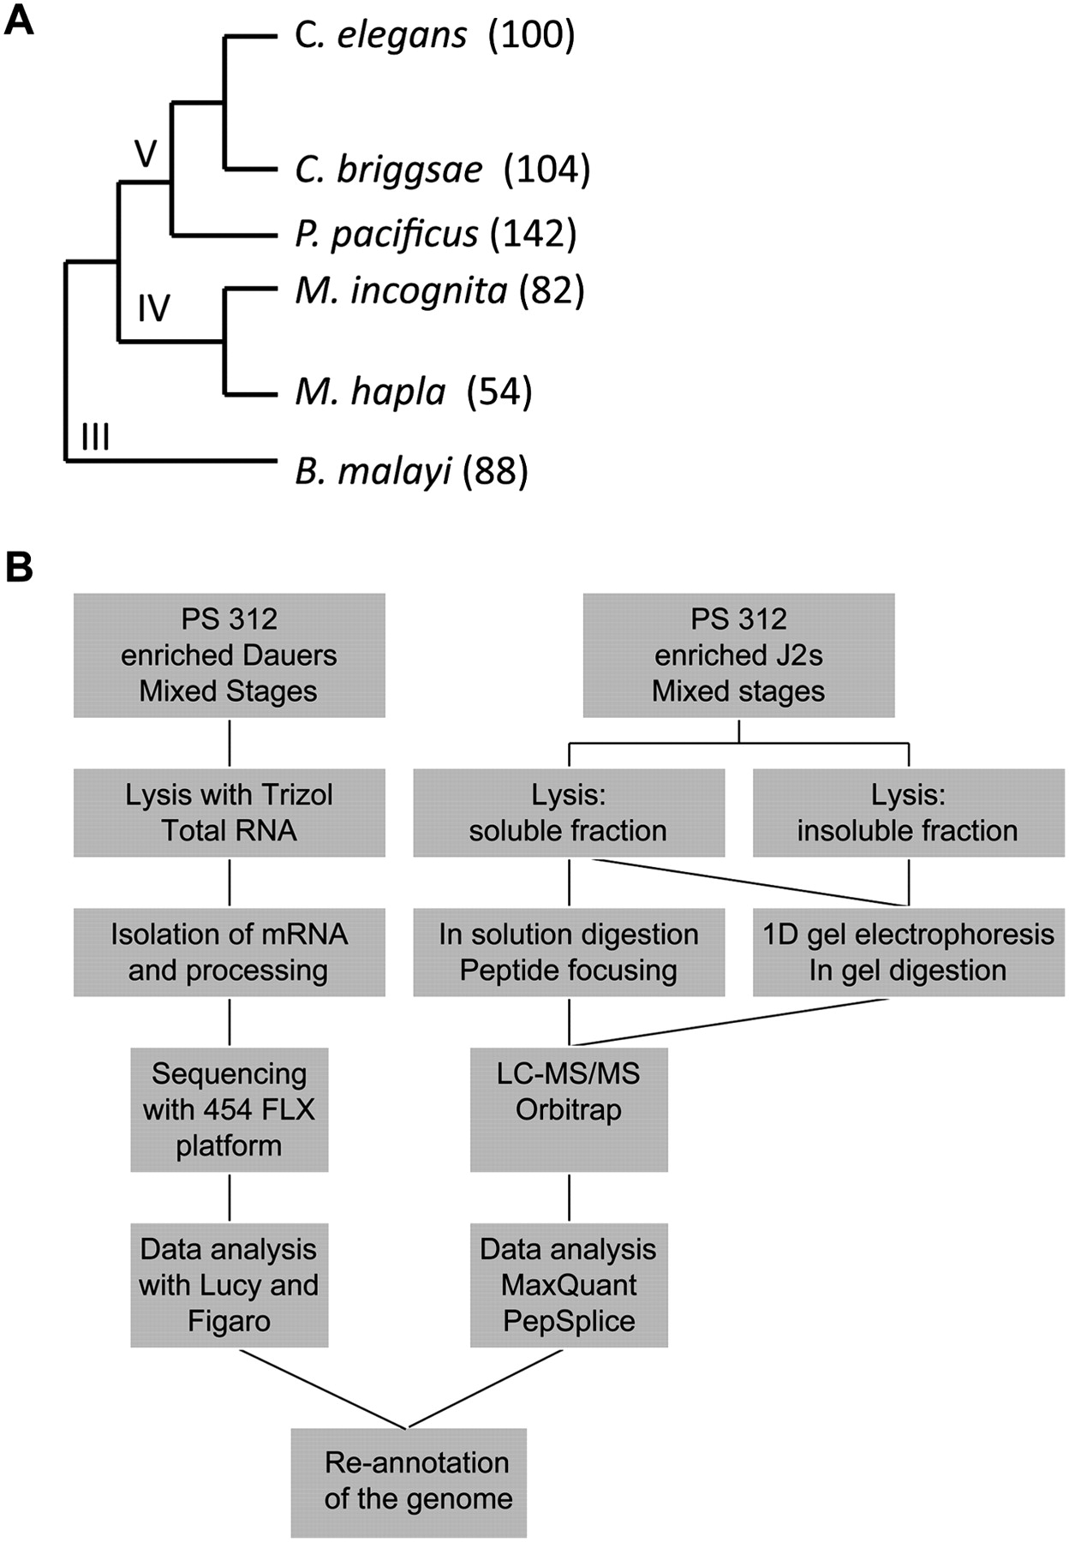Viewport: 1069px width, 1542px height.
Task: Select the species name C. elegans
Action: (x=381, y=36)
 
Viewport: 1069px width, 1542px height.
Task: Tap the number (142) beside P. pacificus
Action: (x=534, y=234)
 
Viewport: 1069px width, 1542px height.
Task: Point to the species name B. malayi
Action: (x=373, y=471)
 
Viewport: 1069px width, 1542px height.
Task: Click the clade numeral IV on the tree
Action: (x=154, y=308)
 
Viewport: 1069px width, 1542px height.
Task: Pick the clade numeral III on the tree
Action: (x=95, y=438)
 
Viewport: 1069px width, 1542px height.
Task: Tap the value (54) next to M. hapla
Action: (x=499, y=392)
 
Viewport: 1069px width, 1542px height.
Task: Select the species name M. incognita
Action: (x=401, y=291)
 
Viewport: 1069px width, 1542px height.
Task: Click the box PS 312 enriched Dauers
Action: (x=229, y=655)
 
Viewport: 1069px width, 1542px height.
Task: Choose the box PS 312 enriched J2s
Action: (x=738, y=655)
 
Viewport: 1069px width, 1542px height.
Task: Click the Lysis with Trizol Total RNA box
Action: (x=229, y=812)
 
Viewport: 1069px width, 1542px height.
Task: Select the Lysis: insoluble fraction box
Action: (x=908, y=812)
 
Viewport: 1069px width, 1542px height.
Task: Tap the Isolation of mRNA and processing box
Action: (x=229, y=952)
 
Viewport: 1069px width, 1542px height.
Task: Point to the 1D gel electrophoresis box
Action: (x=908, y=952)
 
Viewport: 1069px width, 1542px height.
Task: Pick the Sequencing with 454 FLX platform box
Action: (x=229, y=1109)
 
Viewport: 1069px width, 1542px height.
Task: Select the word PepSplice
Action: (x=569, y=1320)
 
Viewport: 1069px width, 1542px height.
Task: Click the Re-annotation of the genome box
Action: (x=409, y=1481)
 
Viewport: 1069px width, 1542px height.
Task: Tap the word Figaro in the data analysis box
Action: (x=229, y=1320)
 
